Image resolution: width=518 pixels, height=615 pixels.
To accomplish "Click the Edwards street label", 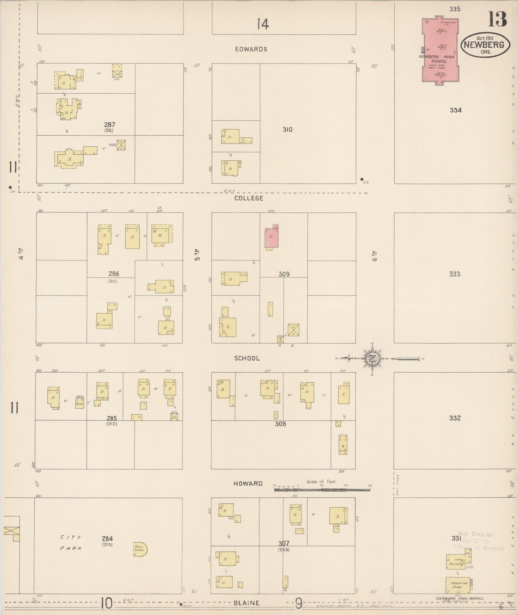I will coord(251,49).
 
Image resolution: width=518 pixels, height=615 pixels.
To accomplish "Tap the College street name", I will coord(249,198).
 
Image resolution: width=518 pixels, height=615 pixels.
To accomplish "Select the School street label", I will coord(247,358).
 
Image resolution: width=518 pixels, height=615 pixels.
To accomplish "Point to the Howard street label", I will coord(248,483).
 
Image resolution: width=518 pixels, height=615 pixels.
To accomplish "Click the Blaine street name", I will coord(246,603).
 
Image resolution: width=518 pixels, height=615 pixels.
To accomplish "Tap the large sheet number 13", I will coord(497,19).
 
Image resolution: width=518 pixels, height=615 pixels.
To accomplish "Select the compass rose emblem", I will coord(373,358).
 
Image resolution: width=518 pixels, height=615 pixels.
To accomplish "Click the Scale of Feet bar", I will coord(322,488).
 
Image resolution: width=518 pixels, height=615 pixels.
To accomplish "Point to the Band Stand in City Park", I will coord(139,549).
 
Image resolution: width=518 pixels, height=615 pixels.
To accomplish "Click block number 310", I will coord(287,130).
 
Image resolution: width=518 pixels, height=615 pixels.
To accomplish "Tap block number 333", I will coord(455,274).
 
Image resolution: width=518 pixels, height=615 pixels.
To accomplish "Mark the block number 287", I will coord(110,125).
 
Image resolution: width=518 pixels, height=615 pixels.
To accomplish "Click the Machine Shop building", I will coord(458,585).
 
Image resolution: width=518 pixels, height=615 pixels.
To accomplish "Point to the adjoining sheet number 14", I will coord(263,24).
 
